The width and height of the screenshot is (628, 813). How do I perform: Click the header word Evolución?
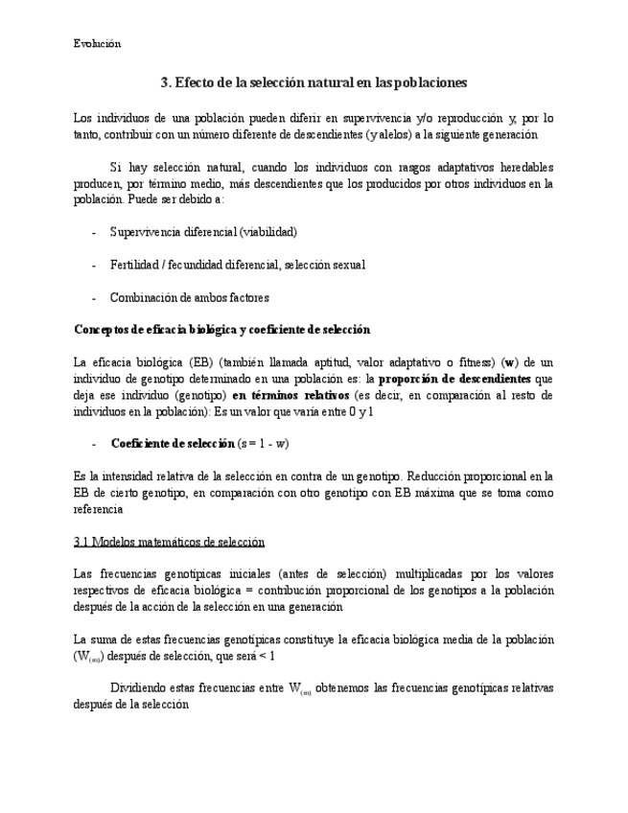[x=97, y=43]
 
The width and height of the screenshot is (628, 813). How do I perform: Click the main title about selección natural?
[x=314, y=83]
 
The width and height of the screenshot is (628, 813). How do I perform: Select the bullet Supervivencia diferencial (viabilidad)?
[x=203, y=232]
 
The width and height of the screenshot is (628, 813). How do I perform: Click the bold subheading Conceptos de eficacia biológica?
[x=221, y=330]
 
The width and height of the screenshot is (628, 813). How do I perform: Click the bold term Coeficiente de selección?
[x=173, y=443]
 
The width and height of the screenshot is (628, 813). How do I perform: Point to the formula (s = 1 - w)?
[x=264, y=443]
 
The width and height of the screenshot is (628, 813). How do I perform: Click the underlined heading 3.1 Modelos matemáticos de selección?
[x=169, y=542]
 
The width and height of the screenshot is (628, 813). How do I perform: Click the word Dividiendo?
[x=142, y=688]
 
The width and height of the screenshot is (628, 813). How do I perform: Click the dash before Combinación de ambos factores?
[x=93, y=297]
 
